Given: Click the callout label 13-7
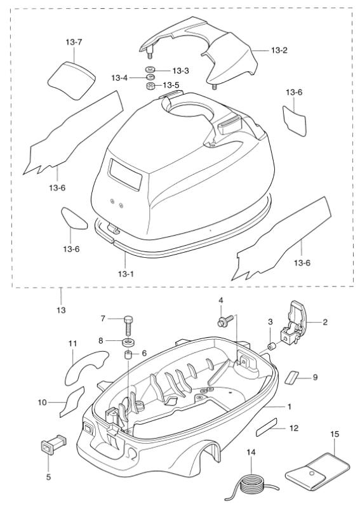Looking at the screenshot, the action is [74, 42].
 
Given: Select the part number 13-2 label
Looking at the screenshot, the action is [279, 50].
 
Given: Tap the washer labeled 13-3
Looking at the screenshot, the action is [150, 70].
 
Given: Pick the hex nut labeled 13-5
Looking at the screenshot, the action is [150, 86].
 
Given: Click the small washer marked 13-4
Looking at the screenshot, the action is [150, 77].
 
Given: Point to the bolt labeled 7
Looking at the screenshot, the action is [128, 326].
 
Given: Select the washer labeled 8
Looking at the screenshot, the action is [128, 342].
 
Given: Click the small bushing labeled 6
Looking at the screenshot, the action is [129, 354].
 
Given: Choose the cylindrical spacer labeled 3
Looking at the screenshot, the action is [272, 346].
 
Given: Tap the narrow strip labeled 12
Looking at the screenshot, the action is [267, 432].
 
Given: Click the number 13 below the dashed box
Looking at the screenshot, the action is [61, 311].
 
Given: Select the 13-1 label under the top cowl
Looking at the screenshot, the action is [126, 274].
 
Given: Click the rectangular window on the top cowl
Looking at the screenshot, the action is [125, 174].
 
